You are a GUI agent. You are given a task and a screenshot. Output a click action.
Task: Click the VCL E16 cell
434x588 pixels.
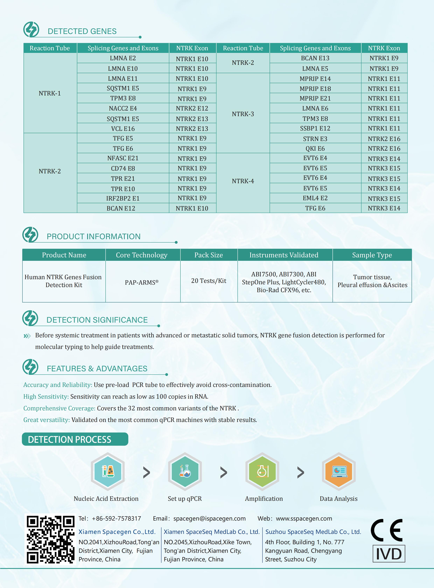[x=123, y=129]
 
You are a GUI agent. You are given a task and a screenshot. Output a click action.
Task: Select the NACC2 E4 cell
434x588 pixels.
[x=123, y=108]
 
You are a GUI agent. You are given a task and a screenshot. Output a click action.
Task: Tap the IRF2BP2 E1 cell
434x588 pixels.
[x=123, y=198]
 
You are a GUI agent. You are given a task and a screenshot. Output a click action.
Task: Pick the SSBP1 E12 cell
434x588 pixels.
[x=315, y=128]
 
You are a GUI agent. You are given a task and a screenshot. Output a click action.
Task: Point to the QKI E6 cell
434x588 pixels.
[x=315, y=149]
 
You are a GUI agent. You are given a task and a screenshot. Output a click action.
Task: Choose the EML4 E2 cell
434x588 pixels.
[x=315, y=198]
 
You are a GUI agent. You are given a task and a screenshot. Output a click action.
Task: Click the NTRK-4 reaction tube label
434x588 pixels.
[x=243, y=181]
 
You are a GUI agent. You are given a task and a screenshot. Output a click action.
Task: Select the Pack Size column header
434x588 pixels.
[x=209, y=255]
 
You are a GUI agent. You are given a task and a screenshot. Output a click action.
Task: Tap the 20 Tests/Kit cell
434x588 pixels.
[x=209, y=281]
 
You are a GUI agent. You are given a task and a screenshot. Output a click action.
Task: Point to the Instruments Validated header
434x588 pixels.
[x=284, y=255]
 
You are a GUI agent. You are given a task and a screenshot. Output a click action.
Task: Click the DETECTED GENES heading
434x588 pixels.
[x=82, y=31]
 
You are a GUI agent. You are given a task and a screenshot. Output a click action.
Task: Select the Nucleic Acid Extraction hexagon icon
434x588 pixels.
[x=108, y=471]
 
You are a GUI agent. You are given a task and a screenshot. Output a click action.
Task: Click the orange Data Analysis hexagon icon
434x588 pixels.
[x=339, y=471]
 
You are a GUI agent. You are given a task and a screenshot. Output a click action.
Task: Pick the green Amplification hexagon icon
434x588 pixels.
[x=262, y=471]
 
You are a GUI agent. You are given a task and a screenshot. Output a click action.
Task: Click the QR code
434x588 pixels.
[x=50, y=539]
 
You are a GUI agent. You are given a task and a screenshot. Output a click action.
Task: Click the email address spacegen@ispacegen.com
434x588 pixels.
[x=209, y=519]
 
